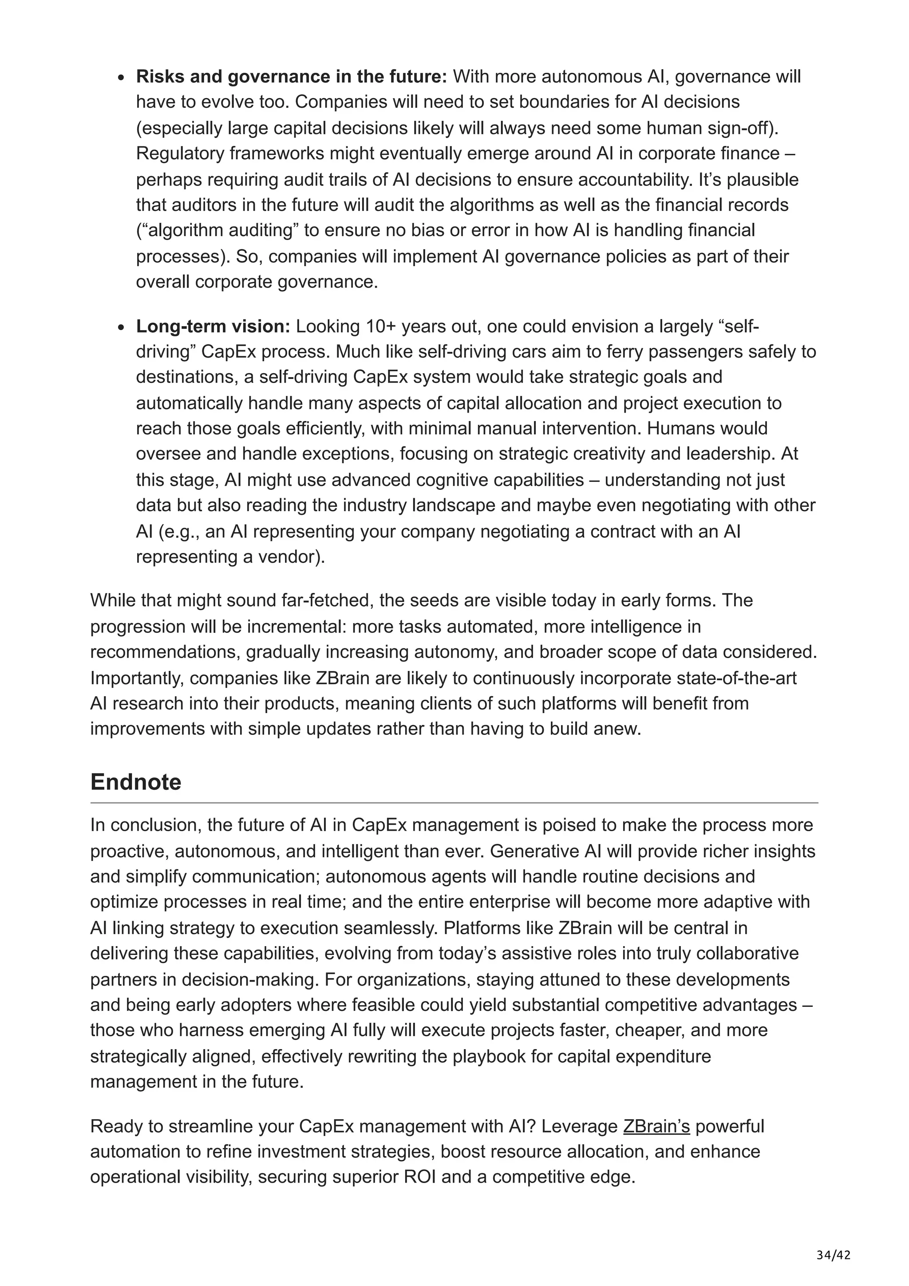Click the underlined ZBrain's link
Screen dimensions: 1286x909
(x=656, y=1126)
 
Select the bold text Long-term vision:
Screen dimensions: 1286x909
(x=213, y=326)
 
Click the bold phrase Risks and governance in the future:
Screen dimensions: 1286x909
(x=291, y=76)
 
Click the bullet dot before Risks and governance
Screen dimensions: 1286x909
(x=121, y=78)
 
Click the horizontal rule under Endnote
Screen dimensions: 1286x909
(x=454, y=803)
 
